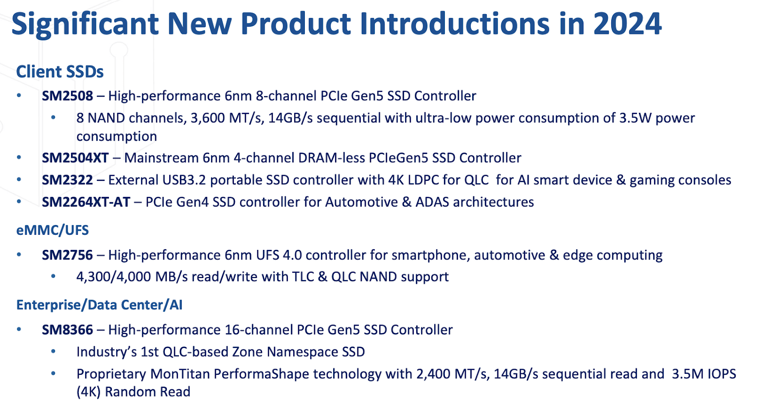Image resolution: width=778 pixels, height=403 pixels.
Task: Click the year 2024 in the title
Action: pos(627,24)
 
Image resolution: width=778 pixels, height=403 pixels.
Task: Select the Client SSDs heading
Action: pos(60,71)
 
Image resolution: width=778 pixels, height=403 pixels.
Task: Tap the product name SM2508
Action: pos(68,96)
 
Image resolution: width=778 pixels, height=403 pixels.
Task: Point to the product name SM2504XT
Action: pos(75,158)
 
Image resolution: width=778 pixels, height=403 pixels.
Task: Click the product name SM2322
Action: pos(68,180)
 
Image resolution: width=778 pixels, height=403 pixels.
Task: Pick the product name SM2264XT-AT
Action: pos(86,202)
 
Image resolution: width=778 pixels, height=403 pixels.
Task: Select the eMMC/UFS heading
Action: pos(53,230)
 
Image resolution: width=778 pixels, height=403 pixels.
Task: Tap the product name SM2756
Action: pos(68,255)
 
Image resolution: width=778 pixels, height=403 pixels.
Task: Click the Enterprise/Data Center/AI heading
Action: pos(99,305)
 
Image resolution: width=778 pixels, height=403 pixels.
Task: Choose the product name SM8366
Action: pos(68,330)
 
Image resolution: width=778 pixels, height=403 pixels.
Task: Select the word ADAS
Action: pos(432,202)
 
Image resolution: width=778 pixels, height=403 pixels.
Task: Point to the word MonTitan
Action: pos(180,374)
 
